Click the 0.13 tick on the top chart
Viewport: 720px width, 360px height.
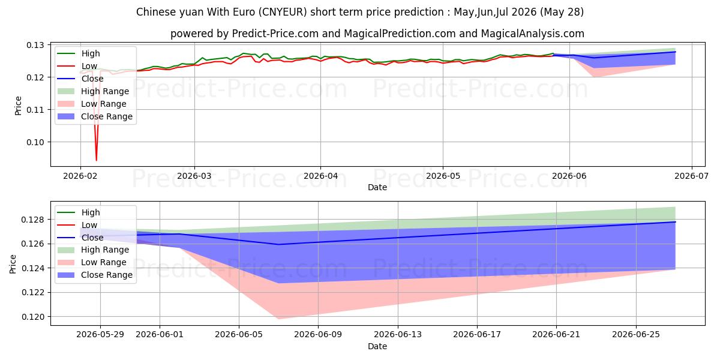click(x=35, y=45)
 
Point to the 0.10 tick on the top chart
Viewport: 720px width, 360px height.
click(x=35, y=142)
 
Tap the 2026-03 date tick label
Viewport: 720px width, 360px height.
click(x=194, y=176)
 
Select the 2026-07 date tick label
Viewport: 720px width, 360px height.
click(x=691, y=176)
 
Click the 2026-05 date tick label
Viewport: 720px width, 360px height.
click(x=443, y=176)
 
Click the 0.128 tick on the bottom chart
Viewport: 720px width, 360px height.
click(x=32, y=220)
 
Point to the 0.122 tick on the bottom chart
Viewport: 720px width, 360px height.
click(x=32, y=293)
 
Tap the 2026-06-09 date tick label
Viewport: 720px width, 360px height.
click(x=318, y=335)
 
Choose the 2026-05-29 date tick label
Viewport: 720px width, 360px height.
click(x=100, y=335)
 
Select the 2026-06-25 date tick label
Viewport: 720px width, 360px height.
click(x=636, y=335)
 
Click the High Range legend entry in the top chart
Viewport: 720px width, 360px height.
click(x=93, y=91)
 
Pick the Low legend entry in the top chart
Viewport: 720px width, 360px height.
click(x=77, y=66)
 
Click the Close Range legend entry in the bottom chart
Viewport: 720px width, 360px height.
click(x=95, y=275)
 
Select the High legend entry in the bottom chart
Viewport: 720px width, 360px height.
click(x=79, y=212)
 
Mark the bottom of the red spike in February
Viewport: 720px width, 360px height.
click(x=97, y=160)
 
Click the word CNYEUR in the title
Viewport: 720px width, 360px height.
click(x=282, y=12)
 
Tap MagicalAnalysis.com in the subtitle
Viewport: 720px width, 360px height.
click(x=533, y=34)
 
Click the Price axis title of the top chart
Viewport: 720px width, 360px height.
click(x=18, y=106)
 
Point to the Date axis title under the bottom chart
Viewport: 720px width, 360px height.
click(x=377, y=346)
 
